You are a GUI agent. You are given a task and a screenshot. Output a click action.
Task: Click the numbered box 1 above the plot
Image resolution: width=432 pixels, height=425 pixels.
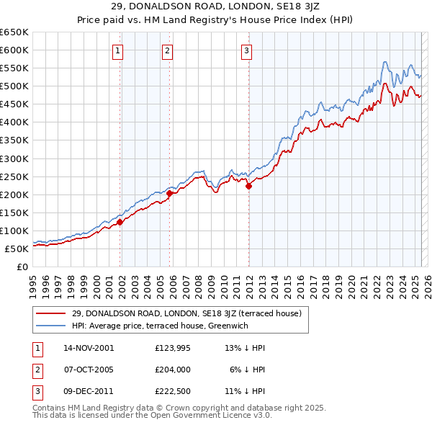(117, 50)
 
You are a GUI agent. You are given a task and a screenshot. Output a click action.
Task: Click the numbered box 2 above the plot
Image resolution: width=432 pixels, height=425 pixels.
(167, 50)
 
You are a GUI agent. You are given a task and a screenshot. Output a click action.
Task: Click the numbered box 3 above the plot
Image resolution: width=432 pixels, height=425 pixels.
(246, 50)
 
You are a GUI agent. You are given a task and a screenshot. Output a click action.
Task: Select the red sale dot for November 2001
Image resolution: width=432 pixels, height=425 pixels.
(120, 222)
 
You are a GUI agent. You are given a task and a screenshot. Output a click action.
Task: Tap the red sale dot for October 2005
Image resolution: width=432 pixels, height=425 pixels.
(170, 193)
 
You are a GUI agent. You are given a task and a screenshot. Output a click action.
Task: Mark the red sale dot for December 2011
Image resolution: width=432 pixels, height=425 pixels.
(248, 186)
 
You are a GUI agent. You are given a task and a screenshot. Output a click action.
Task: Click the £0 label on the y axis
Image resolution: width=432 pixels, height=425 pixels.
(22, 267)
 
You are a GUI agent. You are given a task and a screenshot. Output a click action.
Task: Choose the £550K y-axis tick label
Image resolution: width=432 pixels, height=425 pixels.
(14, 68)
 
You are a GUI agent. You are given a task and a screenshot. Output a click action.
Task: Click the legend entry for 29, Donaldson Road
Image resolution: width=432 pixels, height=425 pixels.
(191, 313)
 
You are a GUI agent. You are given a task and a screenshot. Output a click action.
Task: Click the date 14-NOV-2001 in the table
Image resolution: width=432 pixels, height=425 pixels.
(89, 347)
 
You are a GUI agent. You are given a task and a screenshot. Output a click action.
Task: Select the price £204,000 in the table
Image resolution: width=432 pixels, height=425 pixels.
(173, 370)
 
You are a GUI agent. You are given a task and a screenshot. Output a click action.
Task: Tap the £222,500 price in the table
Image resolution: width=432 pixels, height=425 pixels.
(173, 393)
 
